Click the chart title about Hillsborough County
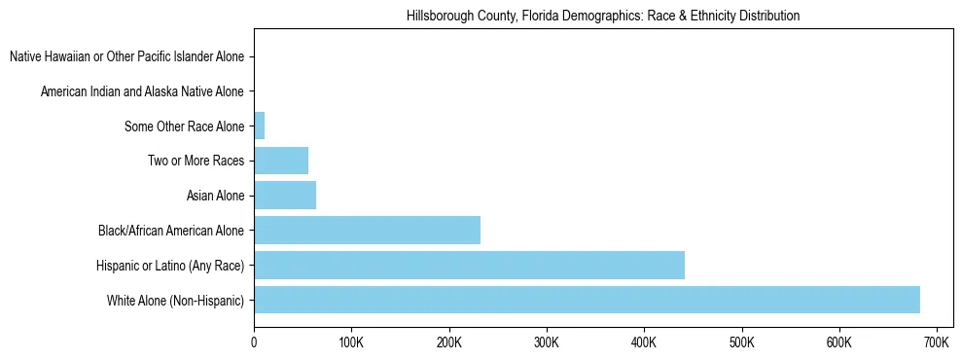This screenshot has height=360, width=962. pos(603,17)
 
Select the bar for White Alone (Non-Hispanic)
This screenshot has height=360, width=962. pos(587,300)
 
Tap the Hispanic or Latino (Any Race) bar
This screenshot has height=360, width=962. pos(469,265)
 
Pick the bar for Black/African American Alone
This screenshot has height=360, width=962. pos(367,231)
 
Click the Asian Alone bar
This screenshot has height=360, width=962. pos(285,196)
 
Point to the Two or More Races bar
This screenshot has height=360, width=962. pos(281,161)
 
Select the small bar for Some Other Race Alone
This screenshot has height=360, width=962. pos(259,126)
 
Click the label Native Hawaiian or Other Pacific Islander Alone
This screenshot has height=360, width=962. pos(126,57)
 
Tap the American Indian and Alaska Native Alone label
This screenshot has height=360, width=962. pos(142,91)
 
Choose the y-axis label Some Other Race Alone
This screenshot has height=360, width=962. pos(185,126)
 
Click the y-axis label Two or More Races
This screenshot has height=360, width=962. pos(196,162)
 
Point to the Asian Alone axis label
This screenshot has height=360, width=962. pos(215,197)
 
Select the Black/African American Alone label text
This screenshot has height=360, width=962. pos(171,232)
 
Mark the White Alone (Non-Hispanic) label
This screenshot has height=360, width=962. pos(176,301)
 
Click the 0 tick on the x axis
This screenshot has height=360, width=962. pos(254,342)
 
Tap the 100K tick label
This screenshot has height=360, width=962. pos(351,342)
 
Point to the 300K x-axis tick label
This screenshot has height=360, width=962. pos(547,342)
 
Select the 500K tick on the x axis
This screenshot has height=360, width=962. pos(741,342)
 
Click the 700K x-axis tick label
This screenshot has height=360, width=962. pos(936,342)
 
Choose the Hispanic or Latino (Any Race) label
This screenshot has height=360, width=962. pos(170,266)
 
